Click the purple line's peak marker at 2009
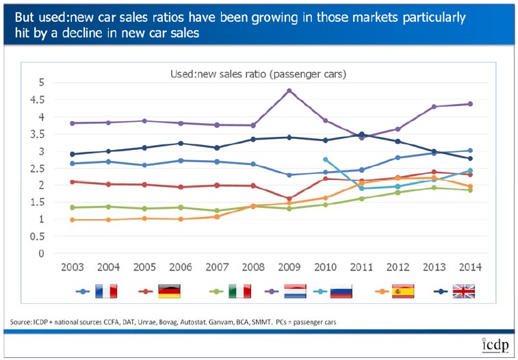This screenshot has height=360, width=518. [289, 90]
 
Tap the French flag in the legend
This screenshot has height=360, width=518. [107, 291]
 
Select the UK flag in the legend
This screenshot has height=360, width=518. [463, 291]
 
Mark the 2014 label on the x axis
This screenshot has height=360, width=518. [469, 267]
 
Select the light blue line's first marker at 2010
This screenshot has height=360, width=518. [326, 159]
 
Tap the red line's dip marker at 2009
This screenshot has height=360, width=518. [289, 198]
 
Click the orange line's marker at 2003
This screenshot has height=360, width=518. [73, 220]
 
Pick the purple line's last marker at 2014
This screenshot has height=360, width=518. [469, 104]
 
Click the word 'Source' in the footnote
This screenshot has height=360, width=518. [21, 321]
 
